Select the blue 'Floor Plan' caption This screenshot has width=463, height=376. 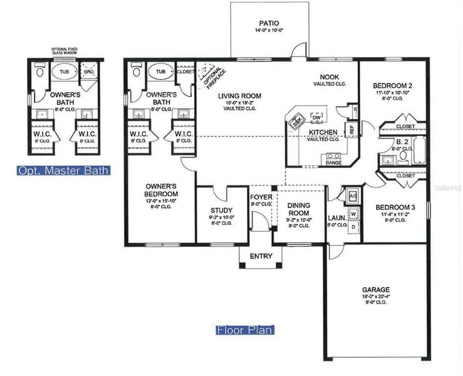pos(244,330)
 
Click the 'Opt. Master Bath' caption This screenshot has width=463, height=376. pos(63,170)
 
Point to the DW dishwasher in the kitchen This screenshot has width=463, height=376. pos(316,117)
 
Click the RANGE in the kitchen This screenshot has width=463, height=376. pos(333,162)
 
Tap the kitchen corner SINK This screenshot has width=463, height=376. pos(297,120)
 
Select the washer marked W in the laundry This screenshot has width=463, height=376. pos(353,214)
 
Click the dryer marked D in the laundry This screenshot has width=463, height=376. pos(353,226)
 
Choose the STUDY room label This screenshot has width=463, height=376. pos(221,211)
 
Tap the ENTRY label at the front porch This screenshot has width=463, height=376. pos(261,256)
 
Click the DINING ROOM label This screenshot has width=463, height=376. pos(298,209)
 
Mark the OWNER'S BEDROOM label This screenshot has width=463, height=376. pos(160,190)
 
